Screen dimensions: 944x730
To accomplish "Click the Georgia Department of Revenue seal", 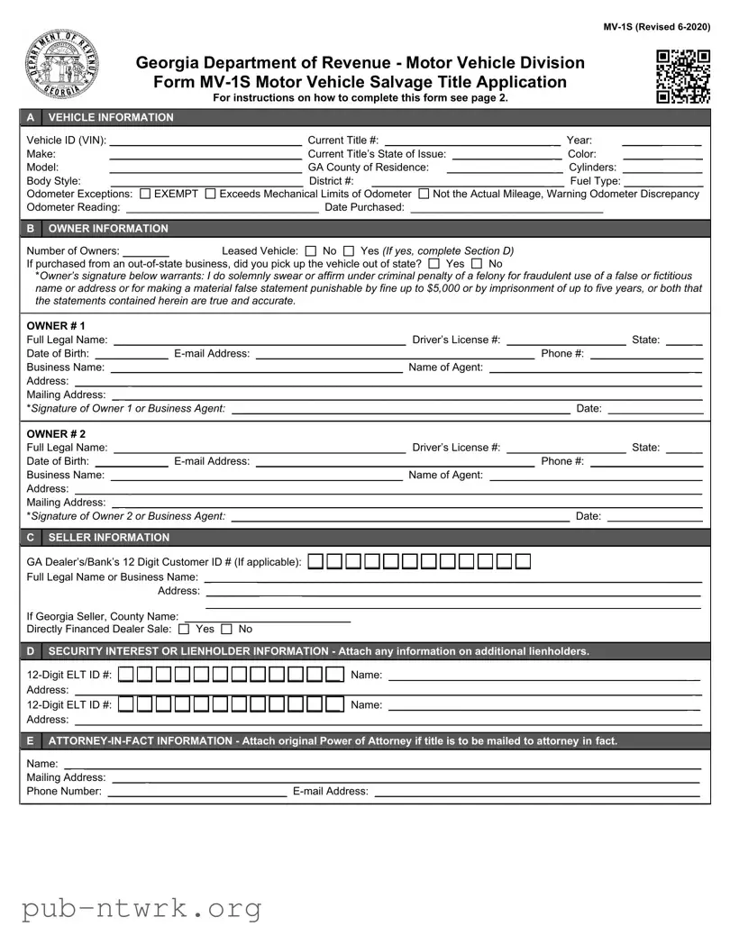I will click(x=61, y=66).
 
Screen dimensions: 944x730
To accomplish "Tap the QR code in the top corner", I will click(x=682, y=77).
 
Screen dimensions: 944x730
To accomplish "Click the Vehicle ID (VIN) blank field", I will click(x=205, y=140).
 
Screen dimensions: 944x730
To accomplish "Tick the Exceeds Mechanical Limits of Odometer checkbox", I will click(x=211, y=194).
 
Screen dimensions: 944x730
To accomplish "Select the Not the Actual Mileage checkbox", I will click(x=424, y=194).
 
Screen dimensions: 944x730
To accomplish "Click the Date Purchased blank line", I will click(x=506, y=207).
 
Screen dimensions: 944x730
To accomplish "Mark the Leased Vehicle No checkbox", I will click(x=311, y=251).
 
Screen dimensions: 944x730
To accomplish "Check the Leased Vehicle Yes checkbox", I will click(x=349, y=251).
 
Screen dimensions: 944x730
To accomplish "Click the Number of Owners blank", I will click(x=146, y=251).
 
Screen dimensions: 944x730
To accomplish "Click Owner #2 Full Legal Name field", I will click(x=259, y=448).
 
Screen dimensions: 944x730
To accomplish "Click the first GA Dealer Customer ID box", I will click(x=315, y=562).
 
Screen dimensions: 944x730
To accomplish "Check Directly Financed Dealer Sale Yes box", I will click(x=185, y=629).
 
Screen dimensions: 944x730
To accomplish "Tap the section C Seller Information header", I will click(x=108, y=538).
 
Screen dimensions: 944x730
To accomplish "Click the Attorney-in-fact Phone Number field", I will click(x=197, y=792).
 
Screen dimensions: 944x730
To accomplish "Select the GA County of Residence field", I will click(x=504, y=168).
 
